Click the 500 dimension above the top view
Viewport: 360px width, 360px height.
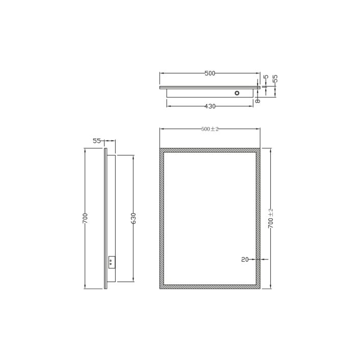(x=209, y=73)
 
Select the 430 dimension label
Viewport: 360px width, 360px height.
(x=210, y=106)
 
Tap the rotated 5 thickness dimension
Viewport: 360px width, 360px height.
(x=266, y=78)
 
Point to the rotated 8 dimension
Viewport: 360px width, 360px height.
(x=259, y=101)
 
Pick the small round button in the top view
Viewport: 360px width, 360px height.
(x=238, y=93)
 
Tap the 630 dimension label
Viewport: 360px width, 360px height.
(x=133, y=218)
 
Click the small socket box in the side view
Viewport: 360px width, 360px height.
(x=112, y=263)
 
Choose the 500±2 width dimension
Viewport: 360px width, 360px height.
(x=210, y=129)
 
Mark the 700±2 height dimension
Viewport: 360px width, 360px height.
(x=271, y=218)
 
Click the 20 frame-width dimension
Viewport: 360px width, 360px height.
(x=245, y=260)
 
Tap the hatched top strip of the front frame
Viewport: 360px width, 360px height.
(x=210, y=150)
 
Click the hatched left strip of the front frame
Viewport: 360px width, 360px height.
(x=162, y=218)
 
